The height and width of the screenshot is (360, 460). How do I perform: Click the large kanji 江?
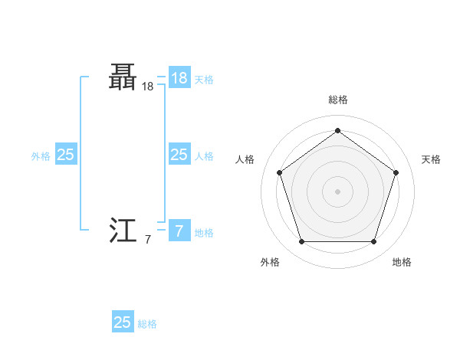[x=123, y=230]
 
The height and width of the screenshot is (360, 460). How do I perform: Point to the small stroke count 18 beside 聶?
[x=147, y=87]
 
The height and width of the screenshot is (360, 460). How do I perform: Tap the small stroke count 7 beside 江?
[x=147, y=240]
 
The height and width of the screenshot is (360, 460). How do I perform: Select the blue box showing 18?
[x=179, y=78]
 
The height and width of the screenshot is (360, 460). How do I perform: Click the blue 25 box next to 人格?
[x=179, y=155]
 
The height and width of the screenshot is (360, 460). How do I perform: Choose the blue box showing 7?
[x=179, y=231]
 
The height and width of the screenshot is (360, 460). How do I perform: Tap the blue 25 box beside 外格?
[x=65, y=155]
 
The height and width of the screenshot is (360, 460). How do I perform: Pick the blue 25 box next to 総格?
[x=123, y=322]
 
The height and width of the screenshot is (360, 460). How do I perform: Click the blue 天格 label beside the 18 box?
[x=204, y=80]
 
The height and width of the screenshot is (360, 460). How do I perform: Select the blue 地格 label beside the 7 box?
[x=204, y=233]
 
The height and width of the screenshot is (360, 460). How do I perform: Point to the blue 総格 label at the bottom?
[x=147, y=324]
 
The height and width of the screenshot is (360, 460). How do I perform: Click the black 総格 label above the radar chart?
[x=337, y=100]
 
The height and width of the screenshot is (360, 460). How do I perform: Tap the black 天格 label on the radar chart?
[x=431, y=159]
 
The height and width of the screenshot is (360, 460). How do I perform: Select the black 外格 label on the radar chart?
[x=269, y=262]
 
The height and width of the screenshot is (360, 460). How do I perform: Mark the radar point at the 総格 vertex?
[x=337, y=130]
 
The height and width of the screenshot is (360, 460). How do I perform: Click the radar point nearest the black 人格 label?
[x=279, y=172]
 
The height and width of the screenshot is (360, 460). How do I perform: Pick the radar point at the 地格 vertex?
[x=373, y=242]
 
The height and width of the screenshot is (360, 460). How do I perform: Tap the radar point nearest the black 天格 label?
[x=396, y=172]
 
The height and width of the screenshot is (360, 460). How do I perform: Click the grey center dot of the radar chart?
[x=337, y=191]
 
